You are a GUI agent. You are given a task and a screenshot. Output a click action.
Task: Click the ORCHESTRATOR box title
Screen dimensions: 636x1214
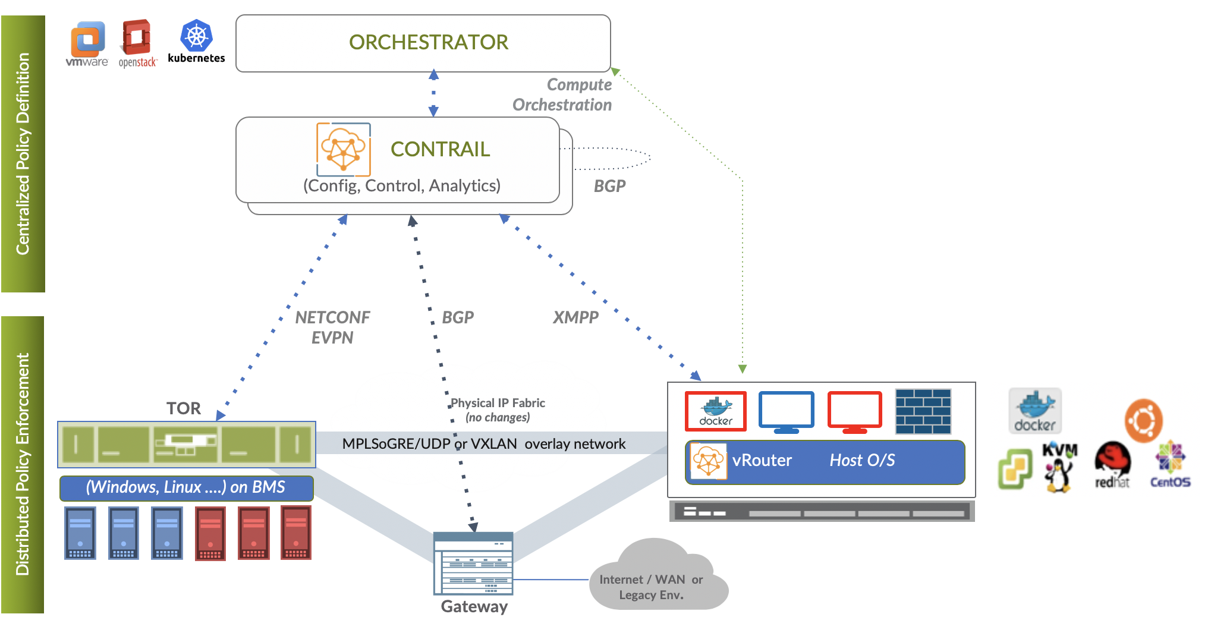click(x=428, y=43)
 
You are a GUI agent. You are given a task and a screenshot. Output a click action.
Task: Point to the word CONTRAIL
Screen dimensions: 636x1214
click(x=440, y=149)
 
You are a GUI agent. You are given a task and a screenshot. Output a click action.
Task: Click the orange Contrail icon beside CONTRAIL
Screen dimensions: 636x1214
click(x=344, y=150)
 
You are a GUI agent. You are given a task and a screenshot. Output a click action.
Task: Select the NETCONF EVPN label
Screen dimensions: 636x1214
click(x=332, y=328)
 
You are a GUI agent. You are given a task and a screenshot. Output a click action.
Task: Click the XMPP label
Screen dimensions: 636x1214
click(x=575, y=317)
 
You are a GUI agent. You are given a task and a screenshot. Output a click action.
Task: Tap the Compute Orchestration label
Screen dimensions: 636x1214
click(x=562, y=95)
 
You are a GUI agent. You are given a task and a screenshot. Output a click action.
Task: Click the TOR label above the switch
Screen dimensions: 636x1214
click(x=184, y=408)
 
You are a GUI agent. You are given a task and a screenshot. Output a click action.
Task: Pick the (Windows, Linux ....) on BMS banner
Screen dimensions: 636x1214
click(x=186, y=487)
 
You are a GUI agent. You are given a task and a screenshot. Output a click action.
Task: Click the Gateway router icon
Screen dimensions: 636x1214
click(x=473, y=563)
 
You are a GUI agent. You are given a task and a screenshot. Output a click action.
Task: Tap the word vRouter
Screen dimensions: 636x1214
click(x=762, y=461)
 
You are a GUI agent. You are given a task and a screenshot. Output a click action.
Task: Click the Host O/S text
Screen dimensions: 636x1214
click(x=862, y=461)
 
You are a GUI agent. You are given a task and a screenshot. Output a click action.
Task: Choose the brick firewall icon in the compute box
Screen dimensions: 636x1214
click(x=923, y=411)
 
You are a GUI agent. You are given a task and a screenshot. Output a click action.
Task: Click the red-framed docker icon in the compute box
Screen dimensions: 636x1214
click(x=716, y=411)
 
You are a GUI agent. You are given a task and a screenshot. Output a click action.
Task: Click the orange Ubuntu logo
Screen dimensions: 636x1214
click(x=1143, y=420)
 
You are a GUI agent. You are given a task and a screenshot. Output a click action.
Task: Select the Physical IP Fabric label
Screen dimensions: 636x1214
click(x=498, y=410)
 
